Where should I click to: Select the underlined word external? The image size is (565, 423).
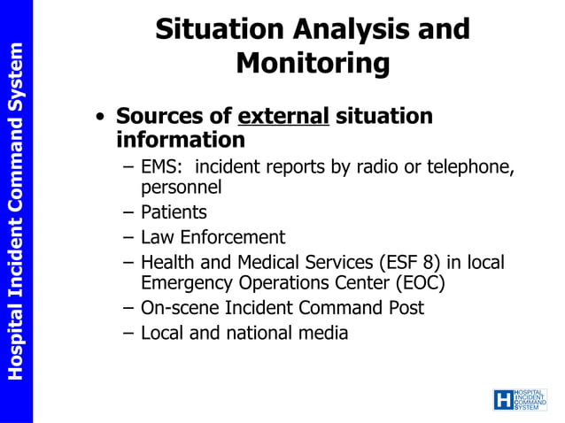tap(283, 116)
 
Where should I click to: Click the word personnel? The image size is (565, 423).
tap(181, 187)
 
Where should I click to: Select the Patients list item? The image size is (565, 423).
tap(174, 212)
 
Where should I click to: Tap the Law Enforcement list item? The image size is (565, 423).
tap(213, 237)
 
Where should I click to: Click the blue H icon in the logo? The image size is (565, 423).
tap(503, 400)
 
